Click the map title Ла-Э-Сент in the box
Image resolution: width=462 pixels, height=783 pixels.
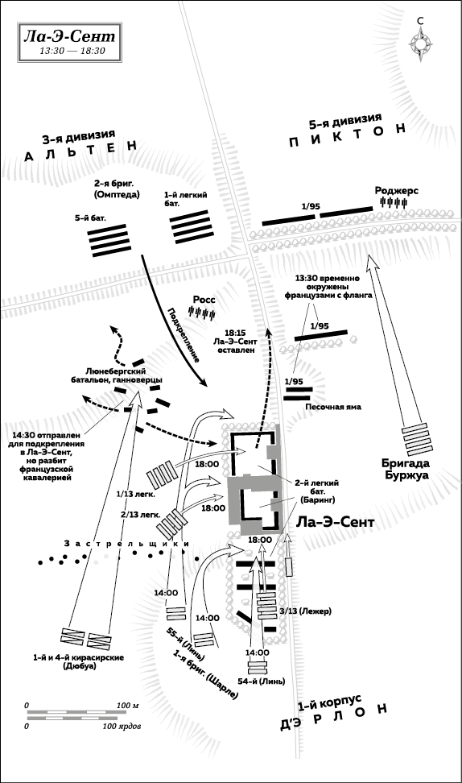[69, 36]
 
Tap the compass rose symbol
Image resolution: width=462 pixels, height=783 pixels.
[421, 43]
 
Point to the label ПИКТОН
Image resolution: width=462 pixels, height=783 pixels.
[349, 137]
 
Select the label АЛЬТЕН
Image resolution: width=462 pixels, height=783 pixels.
[80, 151]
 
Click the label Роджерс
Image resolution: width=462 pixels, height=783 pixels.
[397, 190]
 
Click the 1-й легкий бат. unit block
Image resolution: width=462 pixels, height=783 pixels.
[190, 227]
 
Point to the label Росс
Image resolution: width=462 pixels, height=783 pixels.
[204, 300]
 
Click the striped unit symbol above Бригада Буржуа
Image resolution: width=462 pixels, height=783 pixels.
[415, 437]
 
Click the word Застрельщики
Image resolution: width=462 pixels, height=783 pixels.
[126, 543]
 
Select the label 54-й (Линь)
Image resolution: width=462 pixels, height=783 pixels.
[262, 681]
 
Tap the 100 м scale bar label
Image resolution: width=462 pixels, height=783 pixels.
[127, 706]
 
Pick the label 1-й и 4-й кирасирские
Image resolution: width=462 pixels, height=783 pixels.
[78, 657]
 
